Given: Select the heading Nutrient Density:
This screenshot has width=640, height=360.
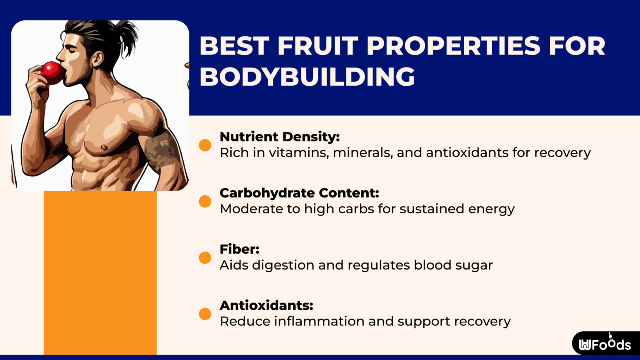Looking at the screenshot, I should (280, 137).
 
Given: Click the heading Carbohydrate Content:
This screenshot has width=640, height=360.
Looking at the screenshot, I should (299, 193).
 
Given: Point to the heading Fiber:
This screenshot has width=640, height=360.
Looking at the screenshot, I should (240, 249).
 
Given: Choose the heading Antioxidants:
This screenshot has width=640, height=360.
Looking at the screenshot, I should (266, 305).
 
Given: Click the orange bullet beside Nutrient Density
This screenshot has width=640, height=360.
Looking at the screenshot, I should (205, 145).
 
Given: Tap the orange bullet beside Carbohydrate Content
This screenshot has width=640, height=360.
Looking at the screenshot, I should (205, 201).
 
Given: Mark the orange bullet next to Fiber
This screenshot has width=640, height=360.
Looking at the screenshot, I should (205, 257).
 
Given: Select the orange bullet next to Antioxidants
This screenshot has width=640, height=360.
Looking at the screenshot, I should (205, 314).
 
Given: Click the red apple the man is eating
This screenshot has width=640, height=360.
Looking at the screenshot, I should (52, 73).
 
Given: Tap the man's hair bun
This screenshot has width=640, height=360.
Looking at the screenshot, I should (125, 33).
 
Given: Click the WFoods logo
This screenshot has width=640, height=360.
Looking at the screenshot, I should (605, 344).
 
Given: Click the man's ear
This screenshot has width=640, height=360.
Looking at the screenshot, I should (97, 58).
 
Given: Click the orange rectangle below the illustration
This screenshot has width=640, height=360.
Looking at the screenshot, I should (100, 273).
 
